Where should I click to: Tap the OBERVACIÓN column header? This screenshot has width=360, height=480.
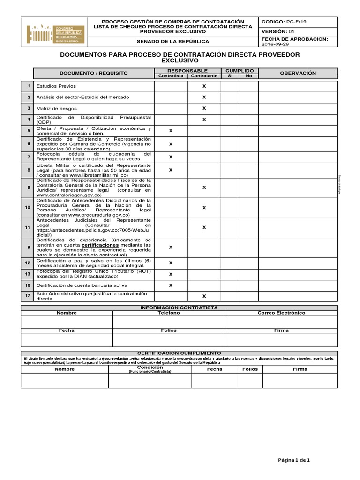coord(298,73)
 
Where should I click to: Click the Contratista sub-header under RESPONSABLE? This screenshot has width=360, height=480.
coord(171,76)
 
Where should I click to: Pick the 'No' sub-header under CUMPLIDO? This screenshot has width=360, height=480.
coord(249,76)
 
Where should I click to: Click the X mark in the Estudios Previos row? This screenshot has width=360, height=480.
coord(204,86)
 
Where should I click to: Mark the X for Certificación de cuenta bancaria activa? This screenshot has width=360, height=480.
coord(171,285)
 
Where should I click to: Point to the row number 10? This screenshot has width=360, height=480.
coord(28,207)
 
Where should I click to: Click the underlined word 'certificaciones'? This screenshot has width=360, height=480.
coord(100,245)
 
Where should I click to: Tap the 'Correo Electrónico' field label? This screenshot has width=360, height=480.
coord(281,313)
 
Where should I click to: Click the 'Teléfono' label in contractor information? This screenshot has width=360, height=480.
coord(169,313)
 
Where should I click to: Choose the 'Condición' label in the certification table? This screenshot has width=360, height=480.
coord(150,367)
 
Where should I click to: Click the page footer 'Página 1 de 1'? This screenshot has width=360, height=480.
coord(294,460)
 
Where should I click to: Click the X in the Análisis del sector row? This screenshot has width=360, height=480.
coord(204,97)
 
